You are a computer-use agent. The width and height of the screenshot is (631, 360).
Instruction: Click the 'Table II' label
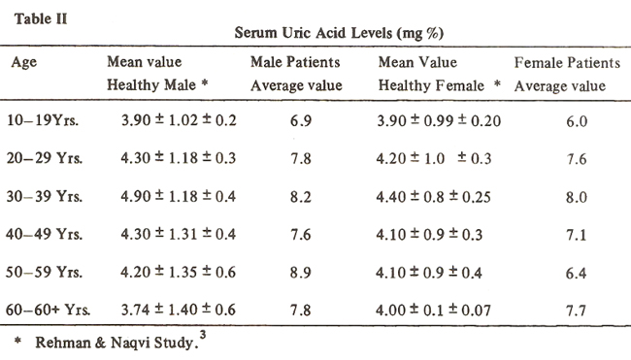point(41,18)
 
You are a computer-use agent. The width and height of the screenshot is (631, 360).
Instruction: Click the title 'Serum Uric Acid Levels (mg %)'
point(339,33)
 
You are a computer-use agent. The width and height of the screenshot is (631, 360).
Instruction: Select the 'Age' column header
point(23,63)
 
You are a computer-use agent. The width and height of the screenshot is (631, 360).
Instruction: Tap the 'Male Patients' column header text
point(295,62)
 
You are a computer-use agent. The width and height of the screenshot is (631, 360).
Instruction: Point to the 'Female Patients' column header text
point(567,62)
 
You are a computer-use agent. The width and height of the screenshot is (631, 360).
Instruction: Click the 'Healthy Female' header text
point(431,85)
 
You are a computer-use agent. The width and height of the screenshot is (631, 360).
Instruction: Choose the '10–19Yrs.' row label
point(43,120)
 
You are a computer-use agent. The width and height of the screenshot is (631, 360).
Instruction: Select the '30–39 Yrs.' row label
point(44,196)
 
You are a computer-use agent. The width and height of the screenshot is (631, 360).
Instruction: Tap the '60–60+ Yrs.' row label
point(48,310)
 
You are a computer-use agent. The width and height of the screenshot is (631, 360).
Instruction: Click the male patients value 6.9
point(301,120)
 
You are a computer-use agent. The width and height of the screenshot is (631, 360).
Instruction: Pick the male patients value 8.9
point(301,273)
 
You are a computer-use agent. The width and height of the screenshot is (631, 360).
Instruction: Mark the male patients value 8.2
point(301,197)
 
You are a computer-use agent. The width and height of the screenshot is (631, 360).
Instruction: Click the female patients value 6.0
point(577,121)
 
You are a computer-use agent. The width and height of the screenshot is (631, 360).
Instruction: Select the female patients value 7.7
point(576,311)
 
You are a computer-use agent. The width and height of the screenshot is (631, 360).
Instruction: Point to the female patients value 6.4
point(576,273)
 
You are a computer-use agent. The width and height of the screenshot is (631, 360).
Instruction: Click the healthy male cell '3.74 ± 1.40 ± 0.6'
point(179,310)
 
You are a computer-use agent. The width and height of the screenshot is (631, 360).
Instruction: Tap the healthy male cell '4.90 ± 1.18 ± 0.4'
point(179,196)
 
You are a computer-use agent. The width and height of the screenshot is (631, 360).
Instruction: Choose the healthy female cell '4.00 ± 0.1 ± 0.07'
point(433,311)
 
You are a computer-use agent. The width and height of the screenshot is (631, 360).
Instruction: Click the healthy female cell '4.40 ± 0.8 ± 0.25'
point(433,197)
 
